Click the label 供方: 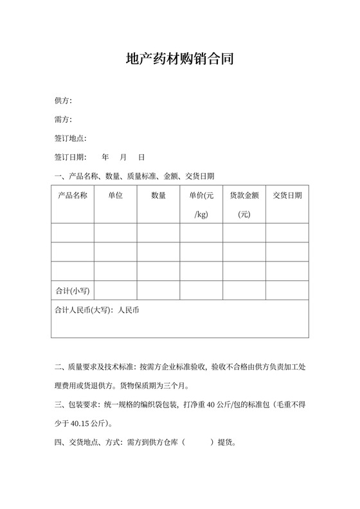(63, 101)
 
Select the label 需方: (63, 120)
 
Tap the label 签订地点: (71, 138)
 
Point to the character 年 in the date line (105, 157)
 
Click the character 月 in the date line (123, 157)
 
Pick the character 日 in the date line (141, 157)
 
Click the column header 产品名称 (73, 195)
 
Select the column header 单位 (115, 195)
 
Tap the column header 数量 (158, 195)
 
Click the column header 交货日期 (287, 195)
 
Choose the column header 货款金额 (244, 195)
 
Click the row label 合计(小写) (73, 290)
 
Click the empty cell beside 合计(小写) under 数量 (158, 290)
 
